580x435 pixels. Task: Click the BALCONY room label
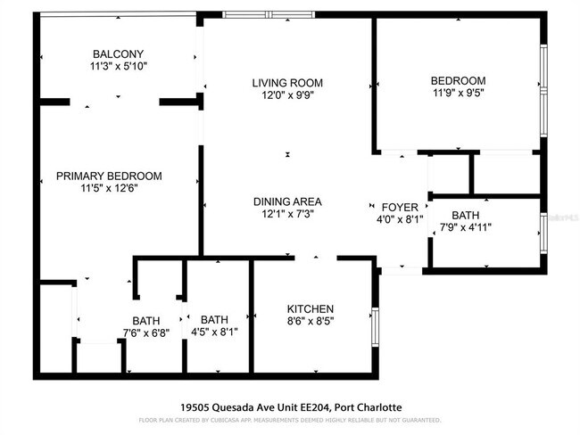[x=118, y=53]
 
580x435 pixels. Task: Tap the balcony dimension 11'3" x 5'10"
[x=118, y=66]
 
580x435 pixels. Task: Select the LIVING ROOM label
[x=286, y=82]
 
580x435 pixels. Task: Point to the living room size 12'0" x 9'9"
[x=286, y=94]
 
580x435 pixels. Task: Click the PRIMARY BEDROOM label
[x=109, y=176]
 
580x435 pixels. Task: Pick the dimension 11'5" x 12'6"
[x=109, y=188]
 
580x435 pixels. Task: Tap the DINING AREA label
[x=287, y=201]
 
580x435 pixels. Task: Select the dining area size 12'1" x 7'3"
[x=287, y=214]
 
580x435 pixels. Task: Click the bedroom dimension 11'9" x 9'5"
[x=458, y=93]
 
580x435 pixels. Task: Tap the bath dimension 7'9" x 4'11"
[x=465, y=227]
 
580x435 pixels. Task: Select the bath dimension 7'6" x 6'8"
[x=145, y=333]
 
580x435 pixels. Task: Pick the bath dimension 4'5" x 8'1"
[x=214, y=332]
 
